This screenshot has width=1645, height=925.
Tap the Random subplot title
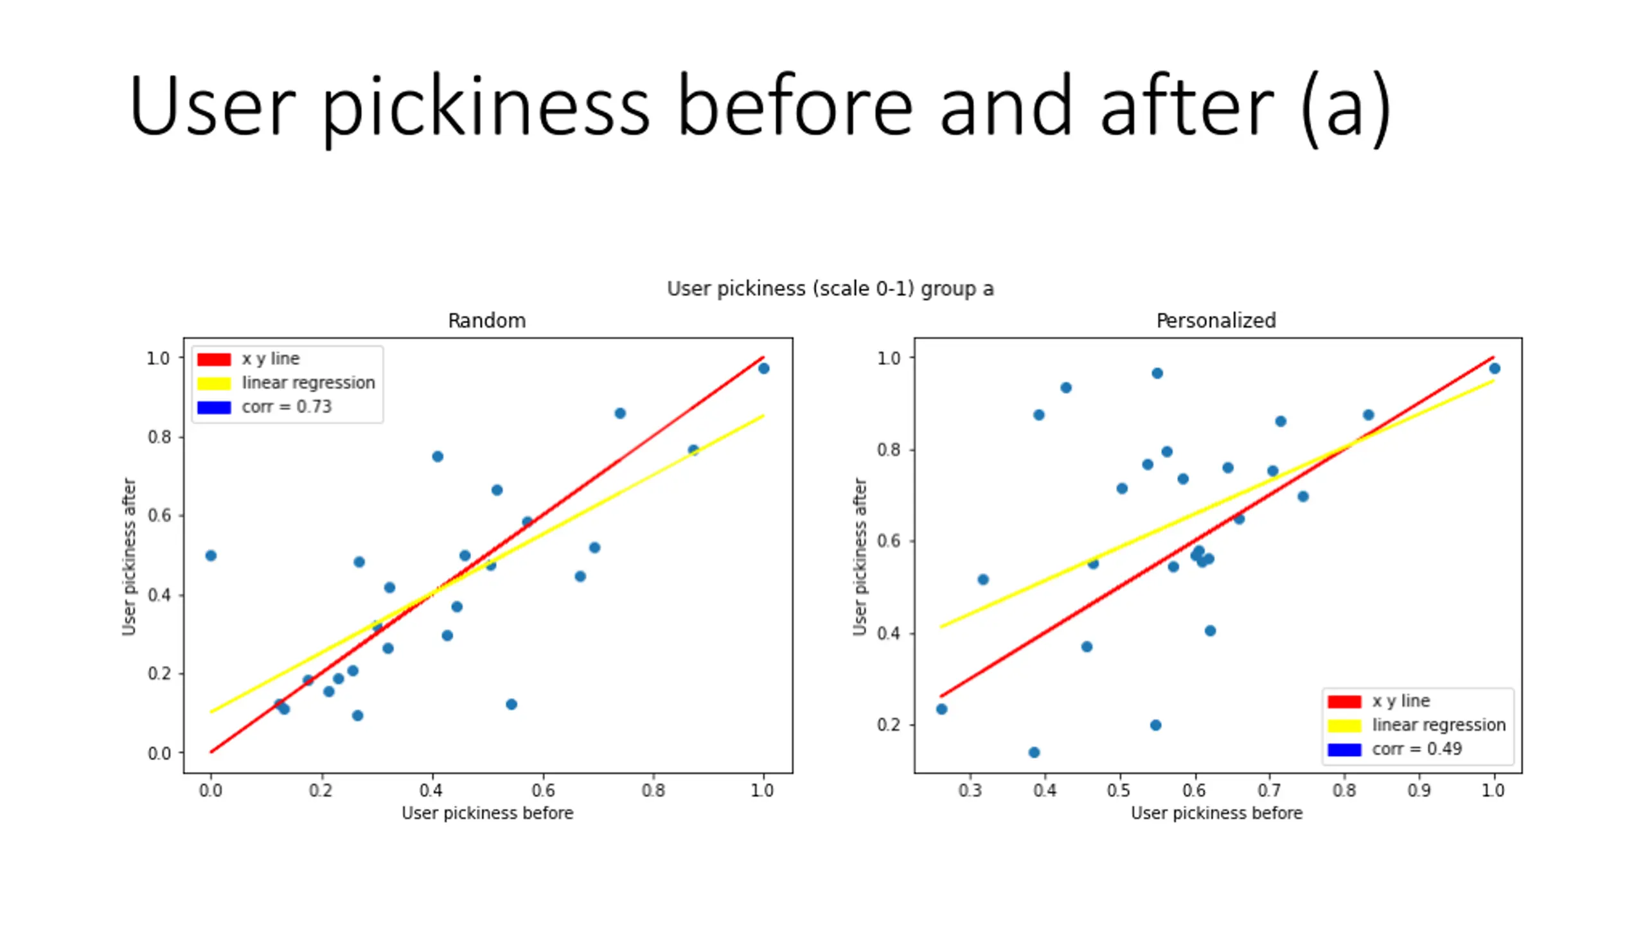pos(486,320)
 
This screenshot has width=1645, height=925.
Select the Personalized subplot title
pos(1216,320)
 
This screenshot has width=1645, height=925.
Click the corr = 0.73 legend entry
pos(287,407)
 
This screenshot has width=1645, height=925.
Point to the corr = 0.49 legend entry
pos(1417,749)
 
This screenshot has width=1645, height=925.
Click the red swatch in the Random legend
pos(214,359)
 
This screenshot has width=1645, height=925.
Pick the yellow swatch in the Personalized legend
pos(1344,725)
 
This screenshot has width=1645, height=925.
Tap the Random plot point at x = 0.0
pos(211,556)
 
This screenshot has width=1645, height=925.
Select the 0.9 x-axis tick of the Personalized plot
pos(1419,790)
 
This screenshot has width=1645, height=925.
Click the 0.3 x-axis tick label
pos(970,790)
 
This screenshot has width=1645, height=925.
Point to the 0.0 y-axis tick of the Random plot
pos(159,753)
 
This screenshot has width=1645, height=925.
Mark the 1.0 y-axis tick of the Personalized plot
pos(889,358)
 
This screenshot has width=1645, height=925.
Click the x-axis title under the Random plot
pos(487,813)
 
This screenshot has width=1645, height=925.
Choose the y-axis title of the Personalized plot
pos(860,556)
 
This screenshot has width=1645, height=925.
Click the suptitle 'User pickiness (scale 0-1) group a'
pos(830,288)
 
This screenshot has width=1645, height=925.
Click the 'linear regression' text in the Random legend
pos(308,383)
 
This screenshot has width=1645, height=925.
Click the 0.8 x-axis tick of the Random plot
pos(654,790)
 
